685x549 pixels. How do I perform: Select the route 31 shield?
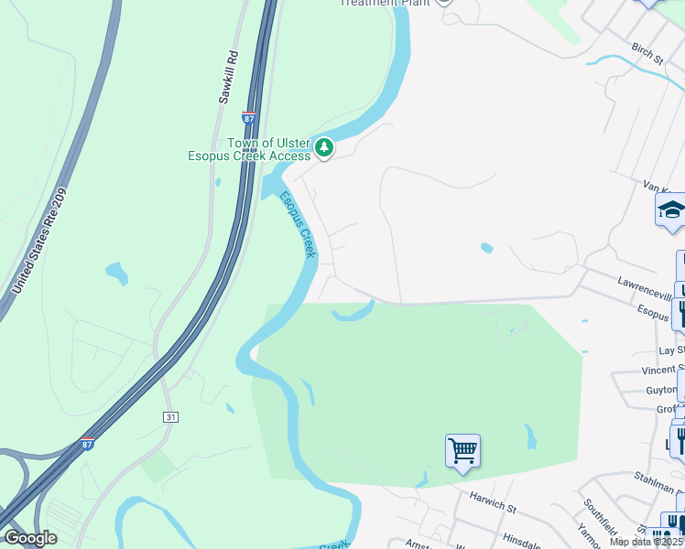coord(171,416)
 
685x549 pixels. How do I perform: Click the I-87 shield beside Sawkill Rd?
coord(249,118)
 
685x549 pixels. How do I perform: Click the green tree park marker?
coord(323,146)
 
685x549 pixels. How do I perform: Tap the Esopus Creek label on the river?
coord(298,224)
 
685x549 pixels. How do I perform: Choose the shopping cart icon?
coord(462,450)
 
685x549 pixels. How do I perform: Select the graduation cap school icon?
coord(670,210)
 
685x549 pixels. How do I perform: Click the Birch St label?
coord(647,52)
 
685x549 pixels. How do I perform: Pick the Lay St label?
coord(671,350)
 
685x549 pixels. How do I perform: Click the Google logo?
coord(29,538)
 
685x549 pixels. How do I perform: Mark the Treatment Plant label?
coord(385,3)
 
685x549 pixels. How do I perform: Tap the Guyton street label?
coord(660,390)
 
